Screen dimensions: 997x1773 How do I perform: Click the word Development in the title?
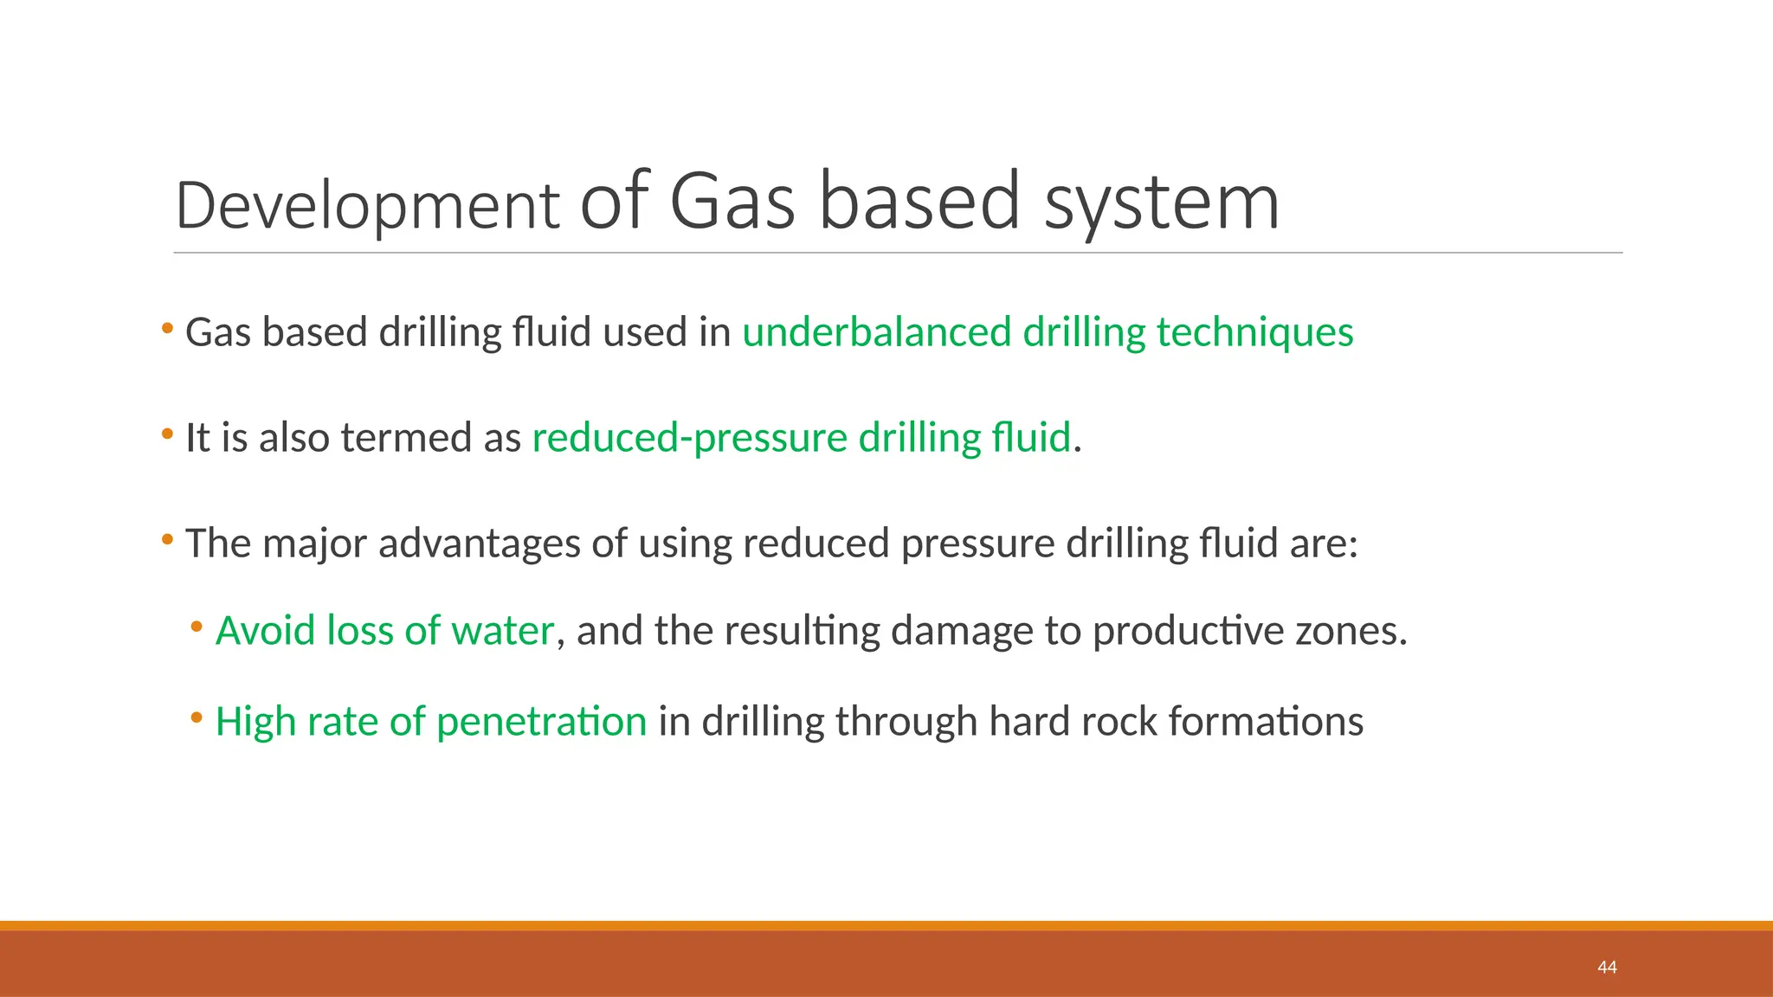(367, 206)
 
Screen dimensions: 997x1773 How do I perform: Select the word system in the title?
(1161, 203)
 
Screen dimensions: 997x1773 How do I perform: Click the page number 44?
(1607, 968)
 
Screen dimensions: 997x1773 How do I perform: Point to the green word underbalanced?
(876, 332)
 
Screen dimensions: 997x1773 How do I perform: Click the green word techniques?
(1254, 332)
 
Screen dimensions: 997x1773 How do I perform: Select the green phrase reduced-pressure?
(689, 438)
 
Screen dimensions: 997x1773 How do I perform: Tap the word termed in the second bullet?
(406, 438)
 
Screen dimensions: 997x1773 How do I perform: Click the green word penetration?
(541, 722)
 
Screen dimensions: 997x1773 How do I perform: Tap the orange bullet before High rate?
(197, 717)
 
